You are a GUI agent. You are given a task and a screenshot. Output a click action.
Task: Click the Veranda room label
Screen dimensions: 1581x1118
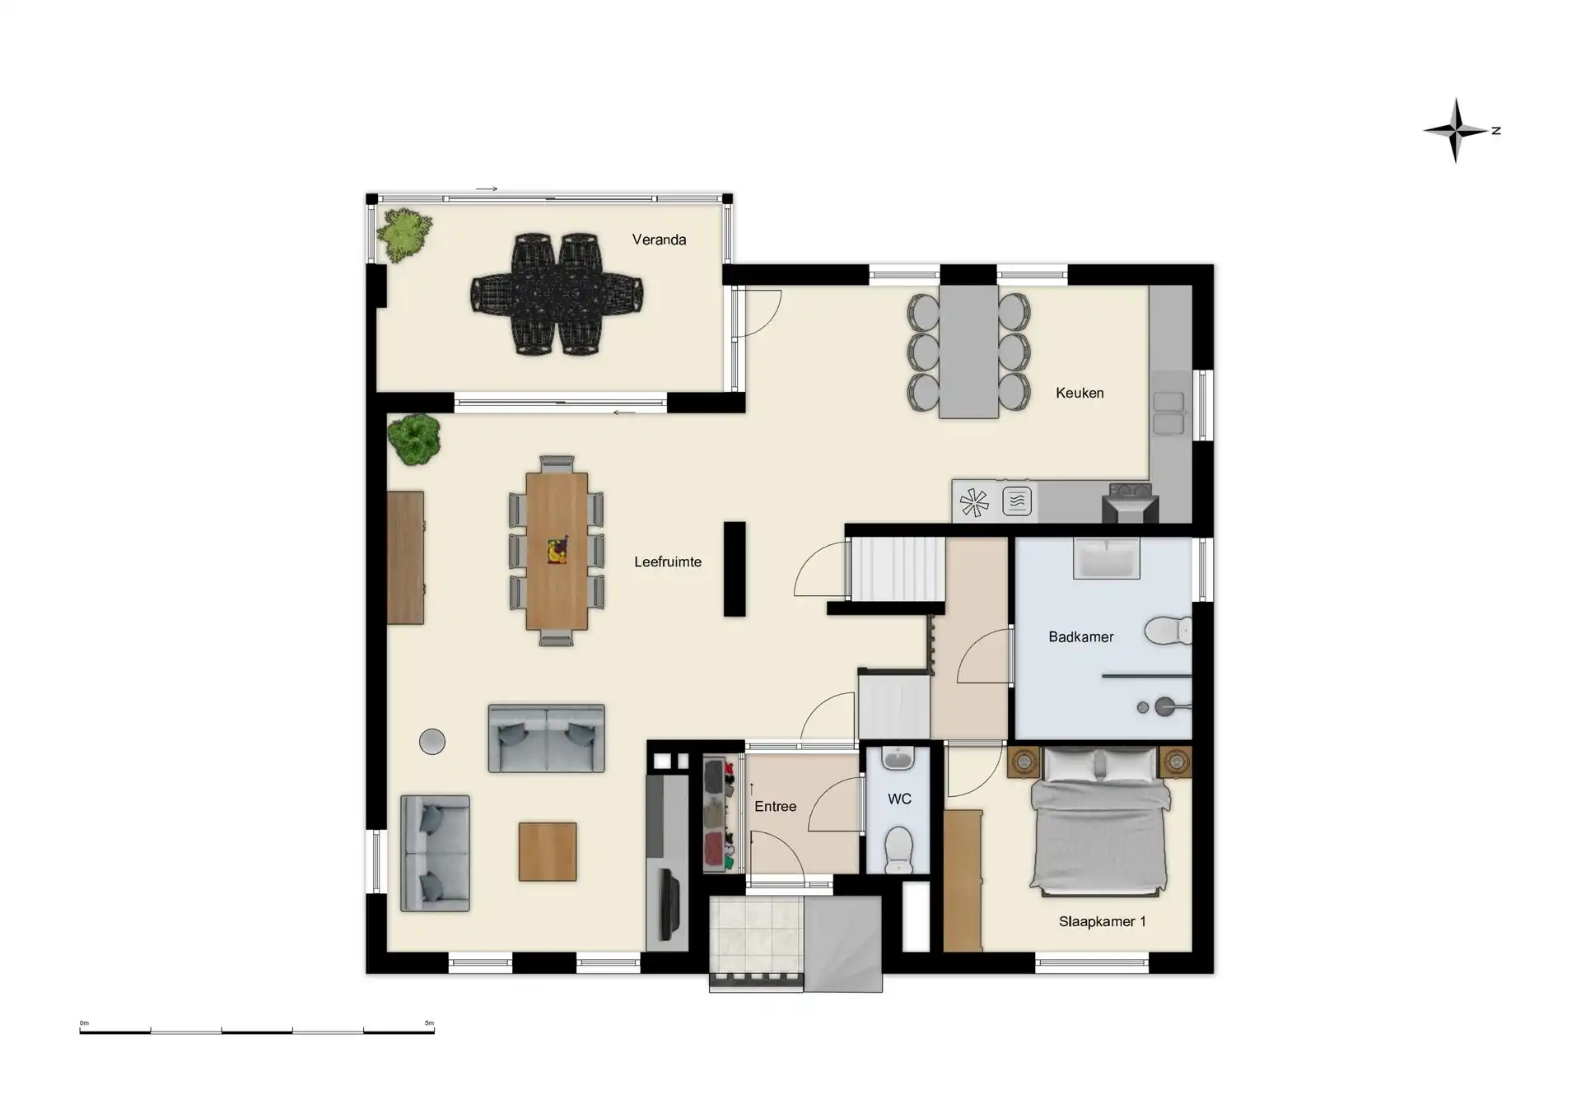click(659, 240)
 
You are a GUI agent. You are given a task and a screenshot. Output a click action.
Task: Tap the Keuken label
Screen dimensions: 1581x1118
click(1080, 393)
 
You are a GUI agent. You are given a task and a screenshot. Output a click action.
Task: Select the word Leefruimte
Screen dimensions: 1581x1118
click(668, 561)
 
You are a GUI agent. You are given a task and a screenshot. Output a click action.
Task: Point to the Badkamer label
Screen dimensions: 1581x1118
click(1080, 636)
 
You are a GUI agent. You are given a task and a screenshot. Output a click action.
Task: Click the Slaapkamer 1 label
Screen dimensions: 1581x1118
click(1102, 921)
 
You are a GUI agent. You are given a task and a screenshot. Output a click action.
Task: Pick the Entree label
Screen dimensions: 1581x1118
click(775, 806)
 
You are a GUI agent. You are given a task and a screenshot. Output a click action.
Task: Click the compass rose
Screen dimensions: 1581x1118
click(1457, 130)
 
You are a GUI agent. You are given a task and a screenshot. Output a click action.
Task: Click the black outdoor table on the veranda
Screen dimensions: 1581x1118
click(557, 294)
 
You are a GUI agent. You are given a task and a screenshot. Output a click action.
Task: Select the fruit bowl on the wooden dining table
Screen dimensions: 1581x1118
click(557, 550)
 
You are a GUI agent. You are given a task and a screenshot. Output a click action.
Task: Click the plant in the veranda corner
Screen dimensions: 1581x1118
click(404, 235)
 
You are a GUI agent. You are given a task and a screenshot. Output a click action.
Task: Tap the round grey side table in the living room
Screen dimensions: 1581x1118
click(432, 742)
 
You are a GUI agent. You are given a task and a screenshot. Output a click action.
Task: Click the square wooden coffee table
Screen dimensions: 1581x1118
click(548, 851)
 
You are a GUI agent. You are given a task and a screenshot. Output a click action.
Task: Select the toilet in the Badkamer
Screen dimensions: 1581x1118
click(1168, 631)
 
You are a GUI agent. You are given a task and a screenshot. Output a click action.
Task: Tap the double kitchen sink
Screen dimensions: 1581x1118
click(1169, 413)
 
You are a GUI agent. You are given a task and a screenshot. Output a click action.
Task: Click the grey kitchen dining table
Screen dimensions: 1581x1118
click(969, 352)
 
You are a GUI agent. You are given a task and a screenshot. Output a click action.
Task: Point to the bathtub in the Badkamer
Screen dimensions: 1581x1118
click(1107, 558)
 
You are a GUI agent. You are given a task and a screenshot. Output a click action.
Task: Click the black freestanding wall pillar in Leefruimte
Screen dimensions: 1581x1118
click(735, 569)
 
